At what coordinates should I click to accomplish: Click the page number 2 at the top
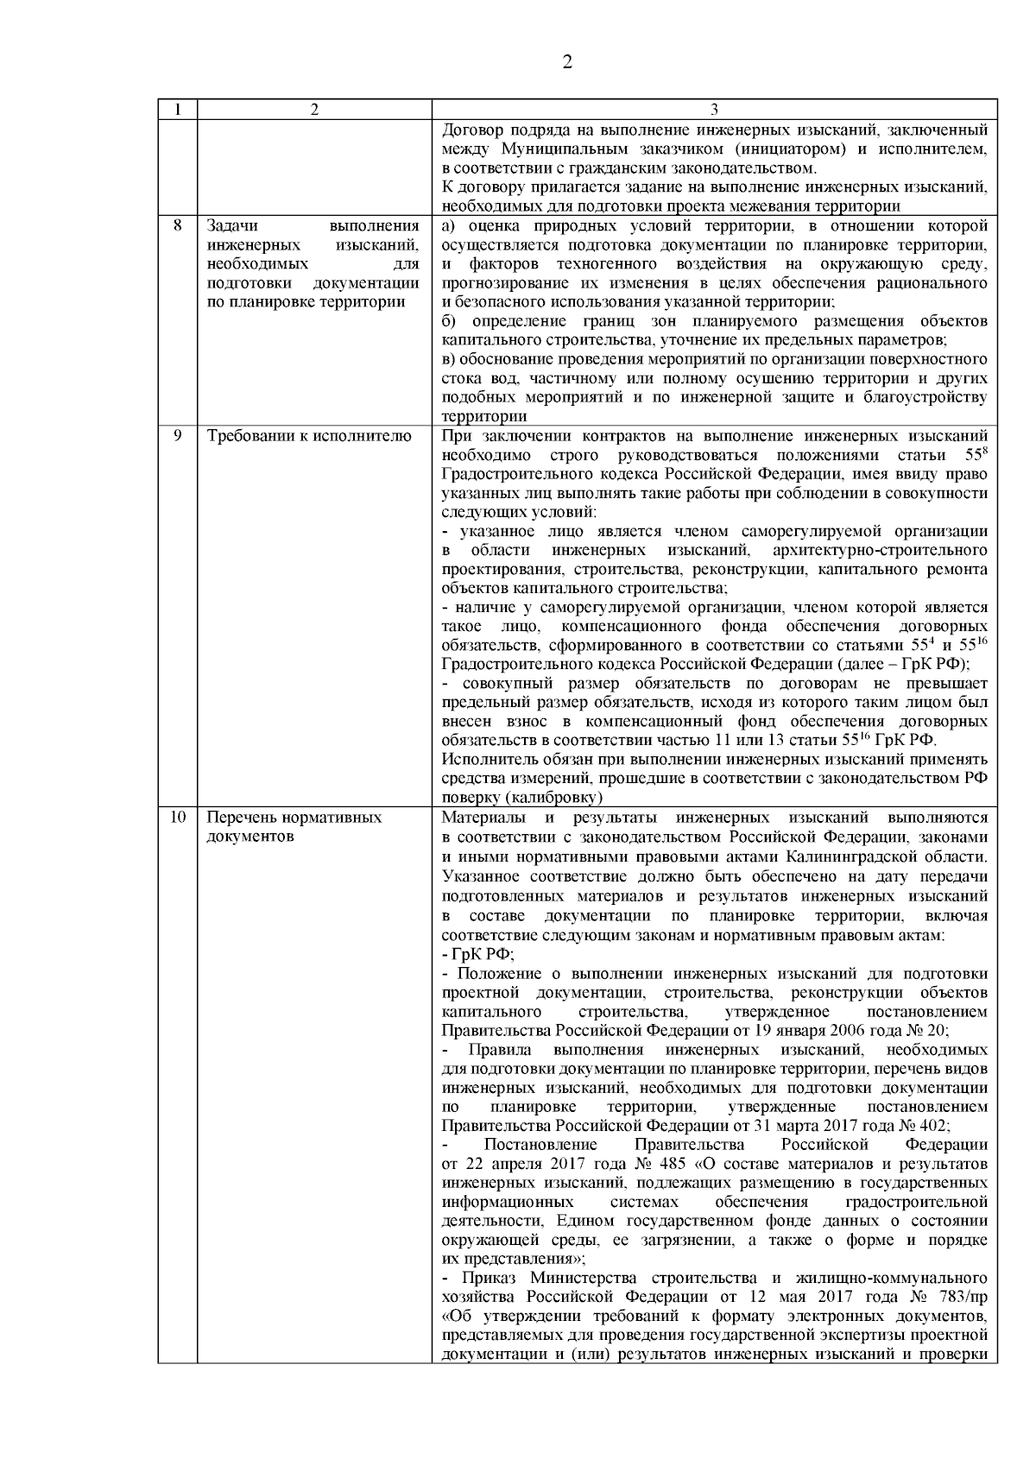tap(566, 62)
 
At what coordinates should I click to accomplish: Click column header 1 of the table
tap(177, 110)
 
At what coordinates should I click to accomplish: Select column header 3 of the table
tap(714, 110)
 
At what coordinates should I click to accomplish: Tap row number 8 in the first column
tap(177, 226)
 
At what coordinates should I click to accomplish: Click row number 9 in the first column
tap(177, 435)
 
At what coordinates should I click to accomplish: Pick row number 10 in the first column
tap(177, 817)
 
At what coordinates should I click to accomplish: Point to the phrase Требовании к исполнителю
tap(309, 435)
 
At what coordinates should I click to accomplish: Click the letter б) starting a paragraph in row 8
tap(448, 321)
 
